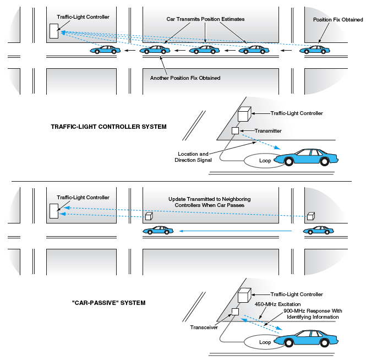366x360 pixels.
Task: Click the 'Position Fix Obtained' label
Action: coord(338,20)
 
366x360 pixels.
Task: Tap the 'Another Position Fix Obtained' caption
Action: coord(185,78)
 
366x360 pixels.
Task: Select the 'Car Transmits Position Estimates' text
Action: coord(205,19)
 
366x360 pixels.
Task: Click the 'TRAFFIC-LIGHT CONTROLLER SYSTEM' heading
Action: coord(109,127)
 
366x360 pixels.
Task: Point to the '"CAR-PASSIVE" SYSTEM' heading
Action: coord(109,303)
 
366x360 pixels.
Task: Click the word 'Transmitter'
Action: coord(268,131)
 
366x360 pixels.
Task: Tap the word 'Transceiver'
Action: coord(204,328)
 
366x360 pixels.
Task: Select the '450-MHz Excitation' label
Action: coord(277,304)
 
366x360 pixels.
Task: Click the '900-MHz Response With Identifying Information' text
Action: coord(313,314)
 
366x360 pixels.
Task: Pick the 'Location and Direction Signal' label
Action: coord(193,157)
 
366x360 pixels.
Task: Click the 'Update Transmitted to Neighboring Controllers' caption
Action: coord(209,202)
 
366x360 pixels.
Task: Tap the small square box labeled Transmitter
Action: coord(236,131)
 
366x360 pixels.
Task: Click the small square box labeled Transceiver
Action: coord(236,312)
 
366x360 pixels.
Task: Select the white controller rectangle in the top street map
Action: coord(54,31)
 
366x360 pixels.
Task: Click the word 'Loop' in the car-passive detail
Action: coord(265,342)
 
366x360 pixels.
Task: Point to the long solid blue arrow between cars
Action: coord(236,231)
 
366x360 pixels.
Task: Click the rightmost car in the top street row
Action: coord(315,50)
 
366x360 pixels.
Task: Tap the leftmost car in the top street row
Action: coord(105,50)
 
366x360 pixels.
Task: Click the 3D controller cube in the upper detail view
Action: coord(244,114)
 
